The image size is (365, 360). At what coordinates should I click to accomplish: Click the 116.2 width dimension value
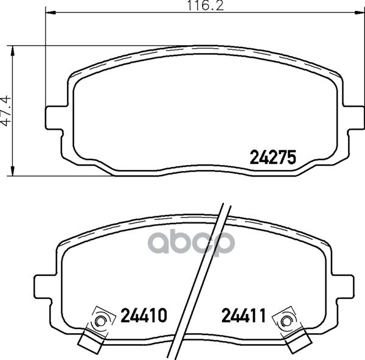pos(206,5)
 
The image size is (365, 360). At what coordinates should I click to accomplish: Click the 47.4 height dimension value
pos(6,110)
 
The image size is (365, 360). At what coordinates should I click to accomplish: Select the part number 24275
pos(273,157)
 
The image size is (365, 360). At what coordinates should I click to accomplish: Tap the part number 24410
pos(144,315)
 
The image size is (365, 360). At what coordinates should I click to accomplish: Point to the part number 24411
pos(243,315)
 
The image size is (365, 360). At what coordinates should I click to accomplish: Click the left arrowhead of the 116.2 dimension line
pos(50,13)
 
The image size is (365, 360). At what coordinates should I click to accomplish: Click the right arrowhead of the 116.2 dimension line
pos(359,13)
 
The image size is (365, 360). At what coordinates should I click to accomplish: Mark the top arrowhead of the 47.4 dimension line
pos(13,51)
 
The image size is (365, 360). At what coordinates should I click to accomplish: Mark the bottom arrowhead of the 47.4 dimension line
pos(13,171)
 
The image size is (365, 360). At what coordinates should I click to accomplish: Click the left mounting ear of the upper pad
pos(54,118)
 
